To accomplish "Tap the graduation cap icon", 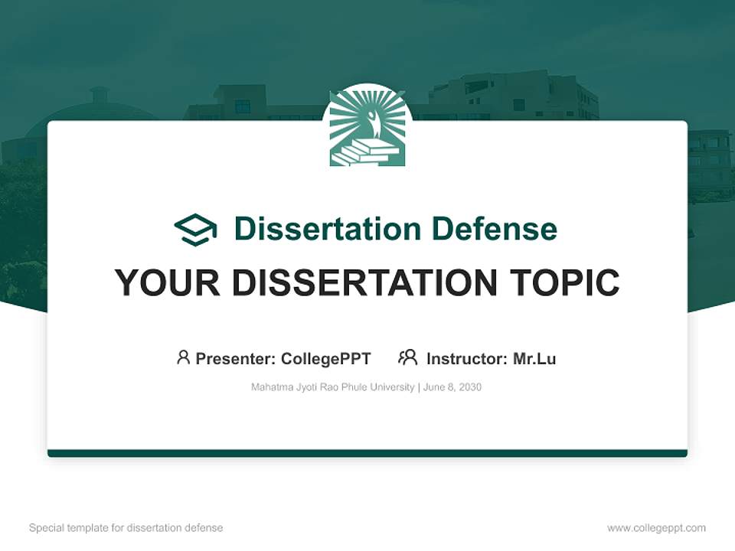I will tap(195, 229).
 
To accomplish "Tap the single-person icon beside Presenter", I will tap(183, 357).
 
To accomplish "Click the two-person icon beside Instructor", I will tap(407, 357).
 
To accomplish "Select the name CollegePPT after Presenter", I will tap(326, 358).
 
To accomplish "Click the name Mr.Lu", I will tap(534, 358).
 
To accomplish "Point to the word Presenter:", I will tap(236, 358).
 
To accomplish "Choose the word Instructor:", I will tap(466, 358).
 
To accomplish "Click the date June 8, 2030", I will tap(452, 387).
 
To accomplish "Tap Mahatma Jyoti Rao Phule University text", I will tap(332, 387).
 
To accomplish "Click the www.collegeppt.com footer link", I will tap(656, 528).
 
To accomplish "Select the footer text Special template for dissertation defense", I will tap(126, 528).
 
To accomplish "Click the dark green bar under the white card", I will tap(367, 453).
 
